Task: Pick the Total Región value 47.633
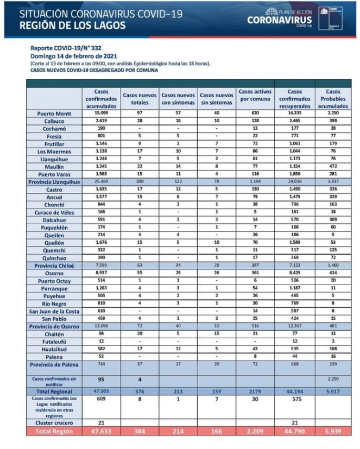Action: [x=101, y=431]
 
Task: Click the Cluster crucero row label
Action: [x=55, y=422]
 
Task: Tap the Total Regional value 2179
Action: [x=254, y=391]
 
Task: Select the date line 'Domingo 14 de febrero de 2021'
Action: [x=74, y=56]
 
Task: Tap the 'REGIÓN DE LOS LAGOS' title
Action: [x=72, y=25]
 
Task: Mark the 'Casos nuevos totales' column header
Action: [x=139, y=99]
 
